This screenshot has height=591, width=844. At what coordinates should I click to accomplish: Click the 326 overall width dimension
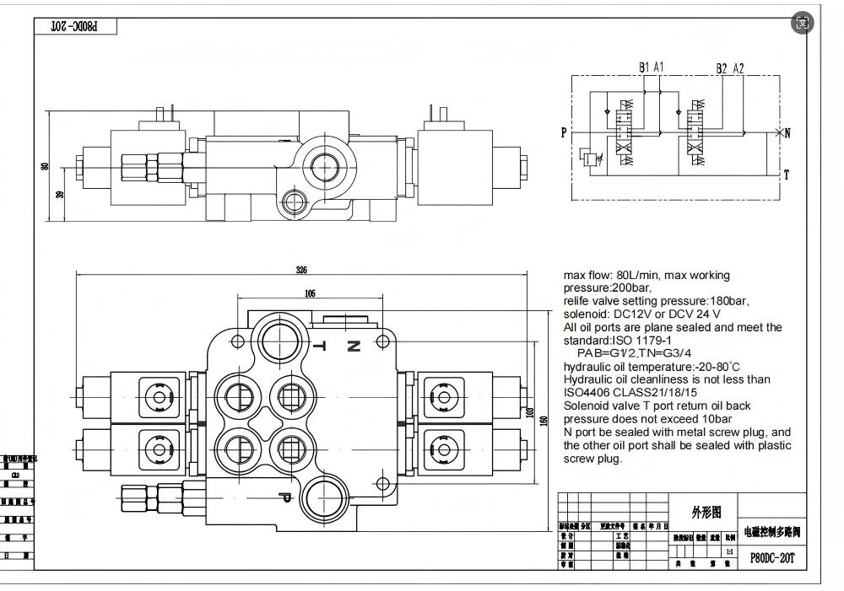301,271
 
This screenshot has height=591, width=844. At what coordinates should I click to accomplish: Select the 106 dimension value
310,293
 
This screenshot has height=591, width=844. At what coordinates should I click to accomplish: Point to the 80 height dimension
46,166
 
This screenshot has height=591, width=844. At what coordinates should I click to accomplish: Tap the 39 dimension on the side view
58,194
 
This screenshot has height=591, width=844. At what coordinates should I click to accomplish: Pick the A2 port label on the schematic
738,68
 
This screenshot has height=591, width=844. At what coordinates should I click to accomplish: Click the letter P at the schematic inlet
563,132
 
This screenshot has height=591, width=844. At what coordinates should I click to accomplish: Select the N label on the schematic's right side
787,133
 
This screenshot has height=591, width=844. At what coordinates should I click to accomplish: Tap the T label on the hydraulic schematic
787,175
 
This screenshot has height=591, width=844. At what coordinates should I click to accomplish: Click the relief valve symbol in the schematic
585,158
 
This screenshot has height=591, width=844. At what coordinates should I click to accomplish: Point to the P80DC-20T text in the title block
772,557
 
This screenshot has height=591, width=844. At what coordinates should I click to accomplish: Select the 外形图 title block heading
706,512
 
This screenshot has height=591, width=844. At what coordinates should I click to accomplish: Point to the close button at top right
803,23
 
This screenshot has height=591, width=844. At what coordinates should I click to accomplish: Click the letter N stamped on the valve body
354,345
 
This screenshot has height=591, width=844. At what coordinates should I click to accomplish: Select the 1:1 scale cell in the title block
729,551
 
